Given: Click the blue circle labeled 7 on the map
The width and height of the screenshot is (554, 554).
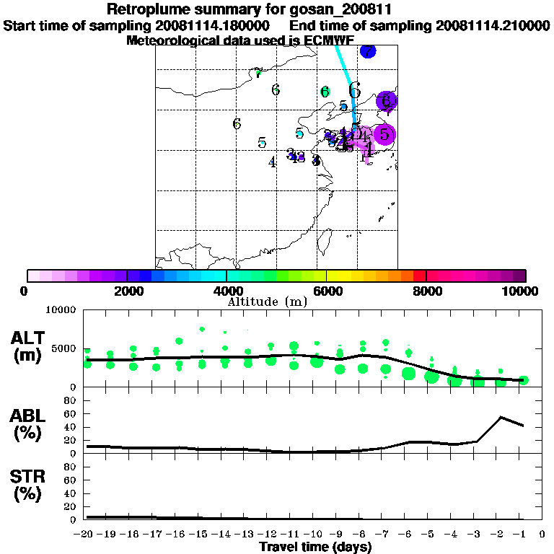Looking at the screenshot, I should [368, 51].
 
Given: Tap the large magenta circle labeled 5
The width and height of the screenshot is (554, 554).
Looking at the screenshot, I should [384, 134].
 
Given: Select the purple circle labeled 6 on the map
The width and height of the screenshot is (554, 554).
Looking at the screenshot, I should [386, 101].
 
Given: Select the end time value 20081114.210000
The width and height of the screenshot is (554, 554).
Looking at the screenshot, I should [493, 26].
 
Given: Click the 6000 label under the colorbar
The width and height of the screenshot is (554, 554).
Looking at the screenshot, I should [326, 291].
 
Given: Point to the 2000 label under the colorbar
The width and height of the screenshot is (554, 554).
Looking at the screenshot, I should [126, 291].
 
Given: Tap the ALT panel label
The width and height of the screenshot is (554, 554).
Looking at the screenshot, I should [27, 337].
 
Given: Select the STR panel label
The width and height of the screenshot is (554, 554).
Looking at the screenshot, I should [27, 476].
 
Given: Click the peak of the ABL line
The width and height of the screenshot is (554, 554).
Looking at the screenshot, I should [500, 417].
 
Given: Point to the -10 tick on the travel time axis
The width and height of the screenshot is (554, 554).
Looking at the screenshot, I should [315, 535].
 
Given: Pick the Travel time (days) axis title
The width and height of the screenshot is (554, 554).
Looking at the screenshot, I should [315, 548].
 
